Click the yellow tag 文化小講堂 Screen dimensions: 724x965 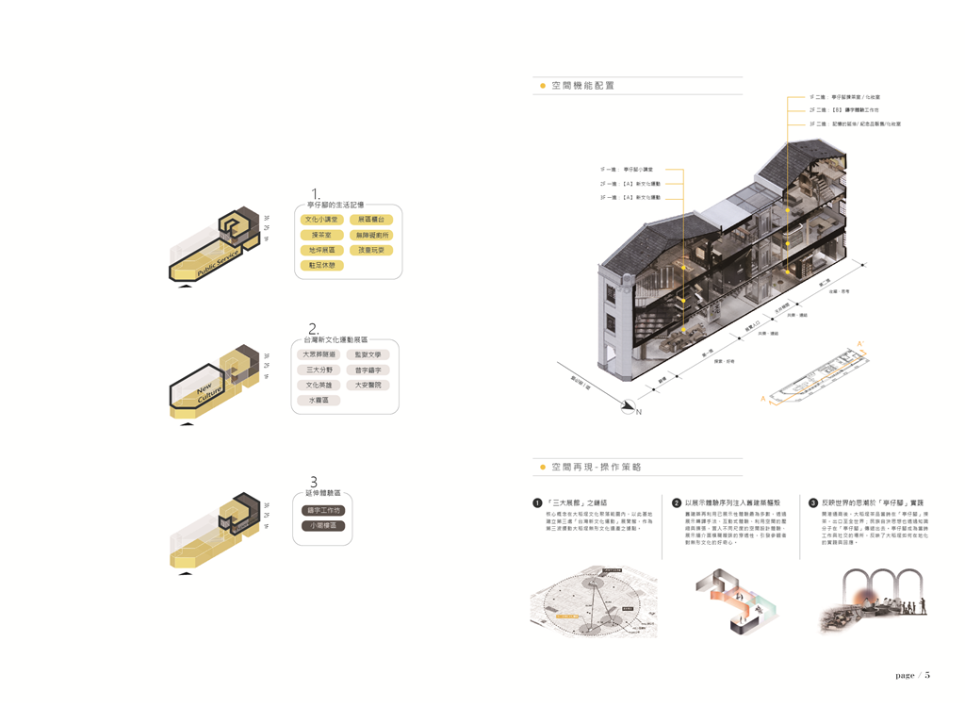tap(321, 220)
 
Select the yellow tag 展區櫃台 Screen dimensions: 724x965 tap(370, 220)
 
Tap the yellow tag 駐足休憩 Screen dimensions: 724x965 tap(321, 266)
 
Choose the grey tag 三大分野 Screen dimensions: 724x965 tap(319, 370)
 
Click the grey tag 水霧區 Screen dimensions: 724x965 tap(319, 401)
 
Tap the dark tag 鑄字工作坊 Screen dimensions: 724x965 tap(323, 511)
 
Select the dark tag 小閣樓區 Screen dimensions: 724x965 tap(323, 526)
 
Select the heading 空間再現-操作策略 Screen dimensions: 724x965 tap(597, 468)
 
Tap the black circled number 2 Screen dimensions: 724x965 tap(677, 503)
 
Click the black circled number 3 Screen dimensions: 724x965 tap(813, 503)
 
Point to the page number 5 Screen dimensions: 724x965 tap(927, 675)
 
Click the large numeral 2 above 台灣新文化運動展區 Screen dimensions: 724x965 tap(314, 330)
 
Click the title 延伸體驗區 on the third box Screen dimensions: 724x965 tap(323, 493)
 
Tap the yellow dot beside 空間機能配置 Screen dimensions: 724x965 tap(542, 86)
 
